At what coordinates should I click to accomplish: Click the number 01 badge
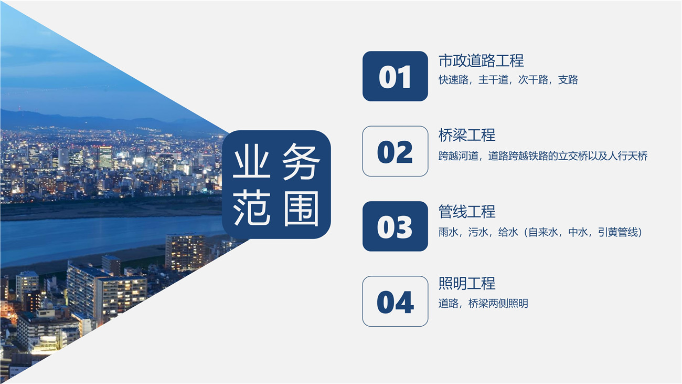[395, 76]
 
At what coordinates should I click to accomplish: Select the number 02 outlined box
[395, 151]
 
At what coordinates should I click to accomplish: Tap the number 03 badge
[395, 226]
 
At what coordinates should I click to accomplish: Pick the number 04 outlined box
[395, 302]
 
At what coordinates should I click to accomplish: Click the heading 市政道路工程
[481, 60]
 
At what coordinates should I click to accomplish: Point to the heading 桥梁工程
[467, 135]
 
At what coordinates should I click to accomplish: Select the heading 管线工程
[467, 212]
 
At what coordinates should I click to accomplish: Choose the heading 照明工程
[467, 284]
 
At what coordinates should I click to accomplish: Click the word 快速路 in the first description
[453, 80]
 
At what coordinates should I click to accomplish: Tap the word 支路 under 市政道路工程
[568, 80]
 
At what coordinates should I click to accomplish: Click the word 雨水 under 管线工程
[449, 232]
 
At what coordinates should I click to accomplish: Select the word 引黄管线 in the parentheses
[618, 232]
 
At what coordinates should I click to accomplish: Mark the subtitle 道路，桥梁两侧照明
[483, 304]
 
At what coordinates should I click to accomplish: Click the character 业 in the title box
[251, 161]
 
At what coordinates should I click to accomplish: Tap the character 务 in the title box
[301, 161]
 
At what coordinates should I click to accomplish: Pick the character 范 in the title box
[251, 209]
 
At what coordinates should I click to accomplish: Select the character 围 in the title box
[301, 209]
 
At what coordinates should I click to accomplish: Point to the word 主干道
[493, 80]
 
